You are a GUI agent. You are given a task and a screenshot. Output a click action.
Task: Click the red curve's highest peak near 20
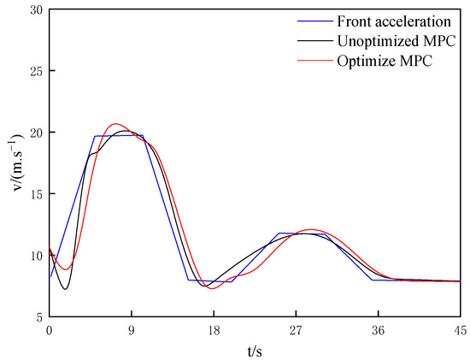click(116, 124)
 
